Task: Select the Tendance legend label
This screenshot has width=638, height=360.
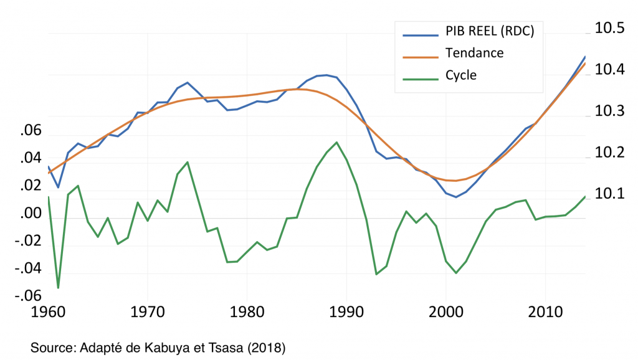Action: tap(474, 53)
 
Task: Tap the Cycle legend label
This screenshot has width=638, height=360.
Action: tap(461, 75)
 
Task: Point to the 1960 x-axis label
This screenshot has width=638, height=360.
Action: tap(48, 311)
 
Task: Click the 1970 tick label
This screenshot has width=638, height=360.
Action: tap(148, 311)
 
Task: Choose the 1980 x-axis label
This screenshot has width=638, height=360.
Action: tap(247, 311)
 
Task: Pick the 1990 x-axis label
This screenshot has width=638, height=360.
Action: tap(346, 311)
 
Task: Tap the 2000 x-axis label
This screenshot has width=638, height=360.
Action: tap(446, 311)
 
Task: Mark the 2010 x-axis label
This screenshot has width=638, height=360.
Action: tap(546, 311)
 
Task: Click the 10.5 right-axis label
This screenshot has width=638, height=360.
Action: tap(609, 28)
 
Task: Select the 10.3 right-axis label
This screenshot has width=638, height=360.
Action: tap(609, 111)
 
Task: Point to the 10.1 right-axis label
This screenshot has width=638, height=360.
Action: tap(609, 194)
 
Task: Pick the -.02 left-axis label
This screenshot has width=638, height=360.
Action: tap(27, 241)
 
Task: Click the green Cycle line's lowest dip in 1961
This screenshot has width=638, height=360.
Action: tap(58, 288)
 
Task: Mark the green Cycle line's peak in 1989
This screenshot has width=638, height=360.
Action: tap(337, 142)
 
